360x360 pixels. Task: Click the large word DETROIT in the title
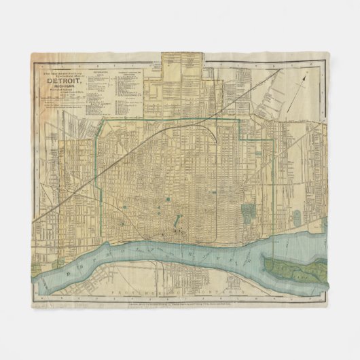tap(62, 79)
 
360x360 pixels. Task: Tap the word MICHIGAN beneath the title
tap(62, 86)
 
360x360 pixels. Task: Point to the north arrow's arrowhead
tap(306, 77)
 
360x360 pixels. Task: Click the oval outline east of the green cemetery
tap(298, 218)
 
